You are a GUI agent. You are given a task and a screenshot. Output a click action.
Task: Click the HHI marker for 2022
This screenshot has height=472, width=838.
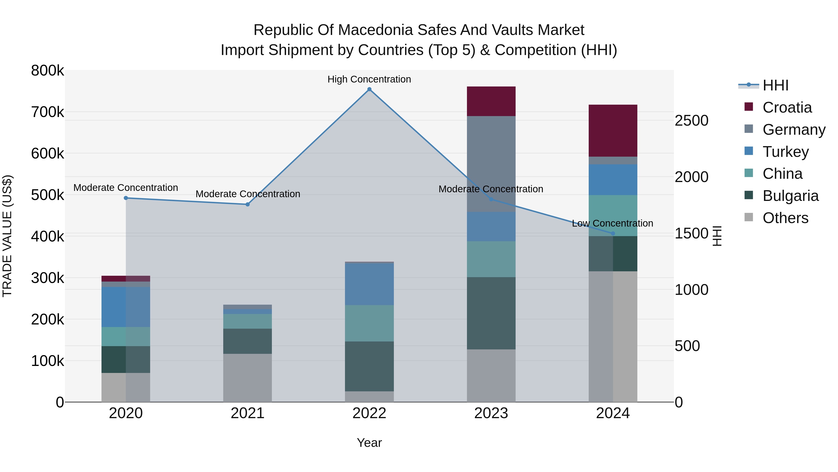point(369,89)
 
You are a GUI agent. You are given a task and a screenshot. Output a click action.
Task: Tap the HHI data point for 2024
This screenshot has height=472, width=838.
point(613,233)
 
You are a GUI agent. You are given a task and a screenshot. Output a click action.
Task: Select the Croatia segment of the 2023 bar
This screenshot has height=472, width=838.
point(491,101)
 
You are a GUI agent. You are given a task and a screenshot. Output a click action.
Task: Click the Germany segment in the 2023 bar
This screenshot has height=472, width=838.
point(491,164)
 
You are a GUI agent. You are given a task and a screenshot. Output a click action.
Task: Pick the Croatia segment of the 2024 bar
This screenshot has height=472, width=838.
point(613,131)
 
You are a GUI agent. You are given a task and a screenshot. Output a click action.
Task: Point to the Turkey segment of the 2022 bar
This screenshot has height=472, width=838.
point(369,284)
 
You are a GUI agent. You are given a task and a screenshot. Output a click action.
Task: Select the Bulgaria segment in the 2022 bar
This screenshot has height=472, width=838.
point(369,366)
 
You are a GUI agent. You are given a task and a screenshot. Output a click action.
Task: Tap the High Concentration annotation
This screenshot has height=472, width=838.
point(369,79)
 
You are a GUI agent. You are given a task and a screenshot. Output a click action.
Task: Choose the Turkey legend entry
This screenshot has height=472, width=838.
point(785,152)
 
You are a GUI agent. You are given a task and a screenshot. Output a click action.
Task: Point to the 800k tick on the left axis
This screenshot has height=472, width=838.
point(47,71)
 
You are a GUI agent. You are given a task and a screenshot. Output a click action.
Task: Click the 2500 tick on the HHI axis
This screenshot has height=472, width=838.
point(691,121)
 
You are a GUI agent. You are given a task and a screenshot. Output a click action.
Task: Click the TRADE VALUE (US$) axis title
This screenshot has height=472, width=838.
point(7,236)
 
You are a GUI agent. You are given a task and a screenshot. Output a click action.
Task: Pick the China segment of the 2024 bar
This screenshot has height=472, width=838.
point(613,216)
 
